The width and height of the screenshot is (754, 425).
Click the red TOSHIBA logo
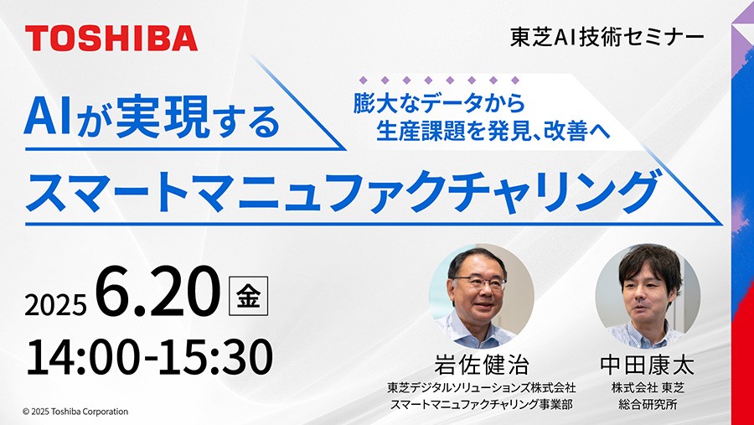tap(111, 39)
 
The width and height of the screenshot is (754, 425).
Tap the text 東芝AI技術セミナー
tap(607, 38)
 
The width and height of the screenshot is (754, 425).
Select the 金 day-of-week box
tap(248, 296)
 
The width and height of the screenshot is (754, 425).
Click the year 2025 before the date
tap(56, 304)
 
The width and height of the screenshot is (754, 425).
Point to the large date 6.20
tap(158, 292)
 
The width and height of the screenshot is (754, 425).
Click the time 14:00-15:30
tap(149, 357)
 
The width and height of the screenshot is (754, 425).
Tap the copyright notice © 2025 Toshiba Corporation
tap(75, 412)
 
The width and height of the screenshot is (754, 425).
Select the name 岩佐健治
tap(482, 365)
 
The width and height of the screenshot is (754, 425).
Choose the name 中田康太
tap(648, 365)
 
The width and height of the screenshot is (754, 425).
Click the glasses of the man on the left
tap(480, 282)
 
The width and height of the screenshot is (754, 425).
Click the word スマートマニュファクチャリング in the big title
tap(341, 192)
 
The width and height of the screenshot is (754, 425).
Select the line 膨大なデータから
tap(439, 103)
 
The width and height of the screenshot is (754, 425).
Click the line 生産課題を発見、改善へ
tap(493, 130)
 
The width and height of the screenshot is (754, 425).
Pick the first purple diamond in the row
tap(364, 80)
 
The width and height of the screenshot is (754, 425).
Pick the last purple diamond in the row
tap(515, 80)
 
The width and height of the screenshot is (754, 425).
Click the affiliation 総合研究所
tap(648, 404)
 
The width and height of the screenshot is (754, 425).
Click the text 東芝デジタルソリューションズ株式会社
tap(482, 387)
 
